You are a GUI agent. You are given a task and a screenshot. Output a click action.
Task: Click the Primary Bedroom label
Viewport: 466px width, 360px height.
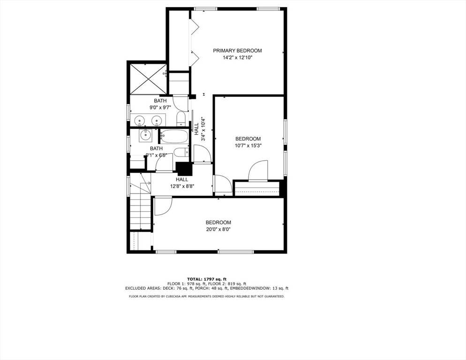237,51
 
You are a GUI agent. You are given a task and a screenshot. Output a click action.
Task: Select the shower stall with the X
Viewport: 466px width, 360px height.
148,79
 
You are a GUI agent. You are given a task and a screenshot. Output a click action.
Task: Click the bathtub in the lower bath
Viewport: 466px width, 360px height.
174,137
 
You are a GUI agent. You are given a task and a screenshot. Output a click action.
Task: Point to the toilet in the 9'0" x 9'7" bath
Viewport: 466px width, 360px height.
181,119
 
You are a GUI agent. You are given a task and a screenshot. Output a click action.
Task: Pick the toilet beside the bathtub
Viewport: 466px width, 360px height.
180,152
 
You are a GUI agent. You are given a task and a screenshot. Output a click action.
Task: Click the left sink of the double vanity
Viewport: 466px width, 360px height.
139,121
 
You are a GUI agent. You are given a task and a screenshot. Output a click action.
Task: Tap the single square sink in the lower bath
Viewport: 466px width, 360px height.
145,135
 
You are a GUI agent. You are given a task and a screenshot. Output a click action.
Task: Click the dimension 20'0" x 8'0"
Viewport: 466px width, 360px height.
218,230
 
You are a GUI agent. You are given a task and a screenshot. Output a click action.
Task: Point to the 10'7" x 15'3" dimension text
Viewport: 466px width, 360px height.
248,146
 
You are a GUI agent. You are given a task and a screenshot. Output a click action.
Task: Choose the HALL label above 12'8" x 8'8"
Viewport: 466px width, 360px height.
182,180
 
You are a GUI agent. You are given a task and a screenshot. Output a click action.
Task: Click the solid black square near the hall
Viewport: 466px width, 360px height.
184,168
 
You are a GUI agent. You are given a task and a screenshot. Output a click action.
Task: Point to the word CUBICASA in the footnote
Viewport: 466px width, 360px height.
178,296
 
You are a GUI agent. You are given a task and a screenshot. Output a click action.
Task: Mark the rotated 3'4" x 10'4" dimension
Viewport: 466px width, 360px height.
203,129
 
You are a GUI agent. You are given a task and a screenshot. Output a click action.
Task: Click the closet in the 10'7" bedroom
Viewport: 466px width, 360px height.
256,188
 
